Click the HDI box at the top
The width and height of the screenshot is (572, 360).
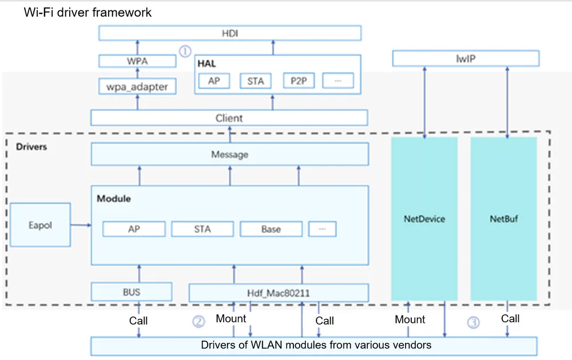pyautogui.click(x=230, y=33)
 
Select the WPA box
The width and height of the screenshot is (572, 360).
pyautogui.click(x=137, y=61)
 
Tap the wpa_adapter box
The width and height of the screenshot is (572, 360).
pyautogui.click(x=137, y=86)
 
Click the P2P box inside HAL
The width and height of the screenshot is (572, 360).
pyautogui.click(x=299, y=81)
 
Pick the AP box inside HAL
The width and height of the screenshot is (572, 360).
pyautogui.click(x=214, y=81)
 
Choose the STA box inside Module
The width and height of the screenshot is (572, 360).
pyautogui.click(x=202, y=229)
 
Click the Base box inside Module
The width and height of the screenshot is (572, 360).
pyautogui.click(x=271, y=229)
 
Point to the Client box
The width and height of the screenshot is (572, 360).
pyautogui.click(x=229, y=118)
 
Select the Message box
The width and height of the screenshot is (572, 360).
pyautogui.click(x=230, y=154)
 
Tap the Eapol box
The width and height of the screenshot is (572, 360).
pyautogui.click(x=40, y=225)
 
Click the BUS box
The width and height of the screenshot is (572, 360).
pyautogui.click(x=132, y=292)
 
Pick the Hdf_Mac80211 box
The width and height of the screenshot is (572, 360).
pyautogui.click(x=279, y=293)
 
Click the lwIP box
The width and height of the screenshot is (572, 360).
pyautogui.click(x=466, y=58)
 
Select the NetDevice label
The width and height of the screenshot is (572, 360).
pyautogui.click(x=424, y=219)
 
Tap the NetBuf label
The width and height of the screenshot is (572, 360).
pyautogui.click(x=504, y=219)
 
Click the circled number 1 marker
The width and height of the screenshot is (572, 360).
pyautogui.click(x=185, y=51)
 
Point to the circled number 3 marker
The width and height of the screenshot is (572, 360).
pyautogui.click(x=474, y=322)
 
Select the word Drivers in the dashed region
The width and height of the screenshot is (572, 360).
pyautogui.click(x=31, y=147)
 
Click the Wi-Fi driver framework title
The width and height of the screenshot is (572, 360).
pyautogui.click(x=88, y=13)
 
